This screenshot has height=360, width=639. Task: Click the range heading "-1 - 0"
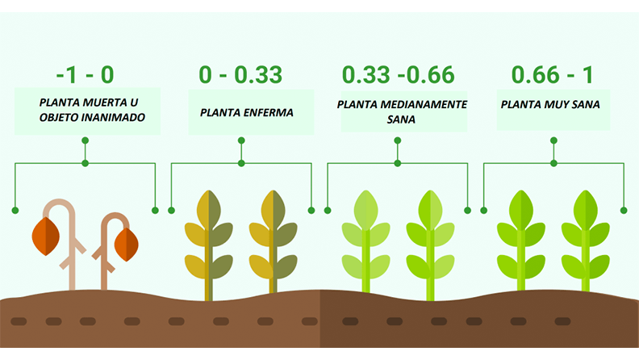(x=85, y=74)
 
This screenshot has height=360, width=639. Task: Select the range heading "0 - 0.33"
(x=240, y=74)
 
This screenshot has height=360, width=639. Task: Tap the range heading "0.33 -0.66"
(x=398, y=74)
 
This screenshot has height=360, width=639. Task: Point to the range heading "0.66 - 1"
(x=552, y=74)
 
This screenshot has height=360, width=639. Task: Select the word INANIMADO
(x=113, y=117)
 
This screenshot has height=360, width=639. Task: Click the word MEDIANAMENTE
(x=424, y=104)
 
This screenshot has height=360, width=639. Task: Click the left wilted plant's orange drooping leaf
(x=46, y=236)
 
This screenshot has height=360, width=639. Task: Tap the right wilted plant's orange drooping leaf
(x=127, y=245)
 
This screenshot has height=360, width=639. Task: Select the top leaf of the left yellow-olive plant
(x=209, y=210)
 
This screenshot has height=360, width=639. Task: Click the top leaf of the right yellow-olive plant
(x=273, y=210)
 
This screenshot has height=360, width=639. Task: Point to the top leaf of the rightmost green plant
(x=586, y=210)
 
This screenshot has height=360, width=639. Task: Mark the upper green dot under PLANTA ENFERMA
(x=241, y=140)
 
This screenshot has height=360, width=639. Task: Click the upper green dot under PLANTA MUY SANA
(x=553, y=140)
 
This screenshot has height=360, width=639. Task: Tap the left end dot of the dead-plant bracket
(x=15, y=211)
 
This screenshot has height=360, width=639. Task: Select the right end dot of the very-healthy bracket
(x=624, y=211)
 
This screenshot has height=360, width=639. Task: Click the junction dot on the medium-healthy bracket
(x=397, y=164)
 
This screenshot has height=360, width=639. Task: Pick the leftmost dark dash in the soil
(x=19, y=322)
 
